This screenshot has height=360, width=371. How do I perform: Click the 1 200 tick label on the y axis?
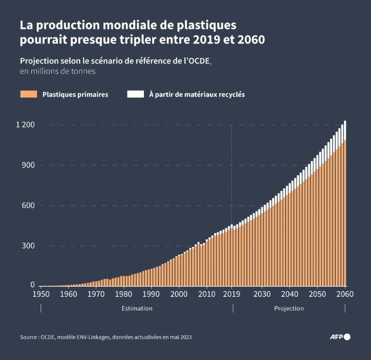coord(25,125)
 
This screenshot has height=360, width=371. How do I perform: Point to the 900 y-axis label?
coord(28,166)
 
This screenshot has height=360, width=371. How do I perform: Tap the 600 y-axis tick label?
coord(28,206)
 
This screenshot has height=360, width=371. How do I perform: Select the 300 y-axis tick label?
coord(28,246)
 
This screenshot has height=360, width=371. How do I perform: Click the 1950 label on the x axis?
coord(41,294)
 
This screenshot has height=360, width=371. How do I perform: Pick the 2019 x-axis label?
coord(232,294)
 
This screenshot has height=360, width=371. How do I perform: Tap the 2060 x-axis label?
coord(345,294)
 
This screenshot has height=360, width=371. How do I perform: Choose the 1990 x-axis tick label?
coord(151,294)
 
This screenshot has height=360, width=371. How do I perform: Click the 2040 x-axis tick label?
coord(289,294)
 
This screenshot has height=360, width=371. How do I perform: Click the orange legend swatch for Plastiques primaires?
coord(29,95)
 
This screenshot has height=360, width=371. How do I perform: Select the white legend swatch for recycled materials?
coord(135,95)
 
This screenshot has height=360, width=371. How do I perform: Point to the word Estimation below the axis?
coord(137,308)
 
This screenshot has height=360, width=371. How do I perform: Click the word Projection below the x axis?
coord(289,308)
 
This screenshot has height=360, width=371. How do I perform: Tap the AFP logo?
coord(340,337)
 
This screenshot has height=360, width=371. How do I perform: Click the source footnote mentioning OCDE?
coord(106,337)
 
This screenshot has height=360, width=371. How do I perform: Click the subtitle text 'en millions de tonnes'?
coord(57,71)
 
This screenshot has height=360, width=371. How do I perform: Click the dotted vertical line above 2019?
coord(232,169)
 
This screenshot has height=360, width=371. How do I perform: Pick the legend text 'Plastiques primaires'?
coord(75,95)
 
